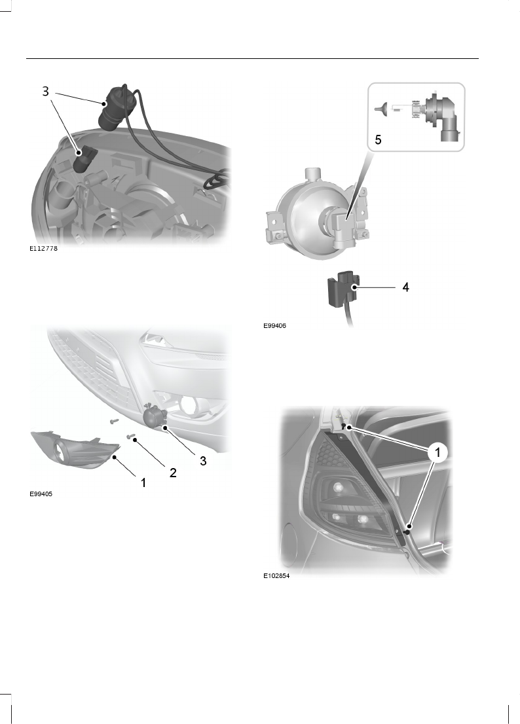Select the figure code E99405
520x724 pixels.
point(41,495)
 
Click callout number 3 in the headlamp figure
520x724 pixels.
point(45,92)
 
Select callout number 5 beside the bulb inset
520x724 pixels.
point(378,139)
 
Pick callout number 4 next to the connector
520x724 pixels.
point(405,287)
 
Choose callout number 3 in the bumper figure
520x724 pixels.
point(203,460)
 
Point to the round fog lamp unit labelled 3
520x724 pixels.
point(155,418)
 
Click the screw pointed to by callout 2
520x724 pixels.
point(131,437)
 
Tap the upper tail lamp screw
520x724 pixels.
point(344,426)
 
